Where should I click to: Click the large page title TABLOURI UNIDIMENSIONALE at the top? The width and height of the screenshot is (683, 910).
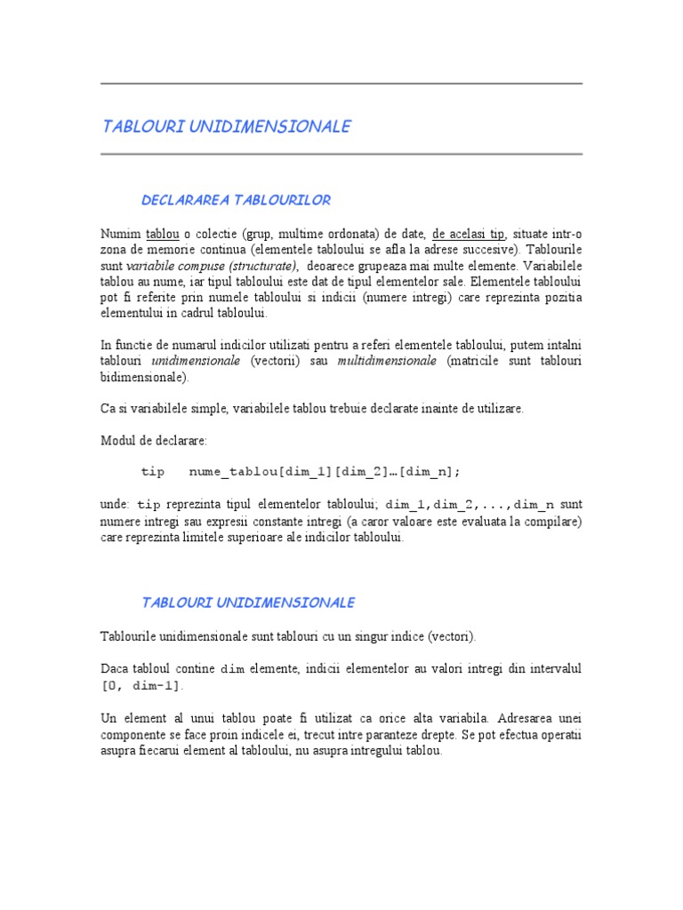(227, 126)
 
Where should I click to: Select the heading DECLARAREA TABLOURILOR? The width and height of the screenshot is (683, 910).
(236, 200)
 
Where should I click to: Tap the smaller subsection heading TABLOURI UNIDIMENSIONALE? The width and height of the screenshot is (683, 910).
(248, 603)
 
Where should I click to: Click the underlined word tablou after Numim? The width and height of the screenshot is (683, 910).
(163, 234)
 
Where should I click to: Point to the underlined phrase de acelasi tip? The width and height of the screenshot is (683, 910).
(470, 234)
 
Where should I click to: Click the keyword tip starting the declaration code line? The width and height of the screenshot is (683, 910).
(153, 472)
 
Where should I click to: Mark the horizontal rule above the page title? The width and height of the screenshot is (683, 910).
(341, 84)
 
